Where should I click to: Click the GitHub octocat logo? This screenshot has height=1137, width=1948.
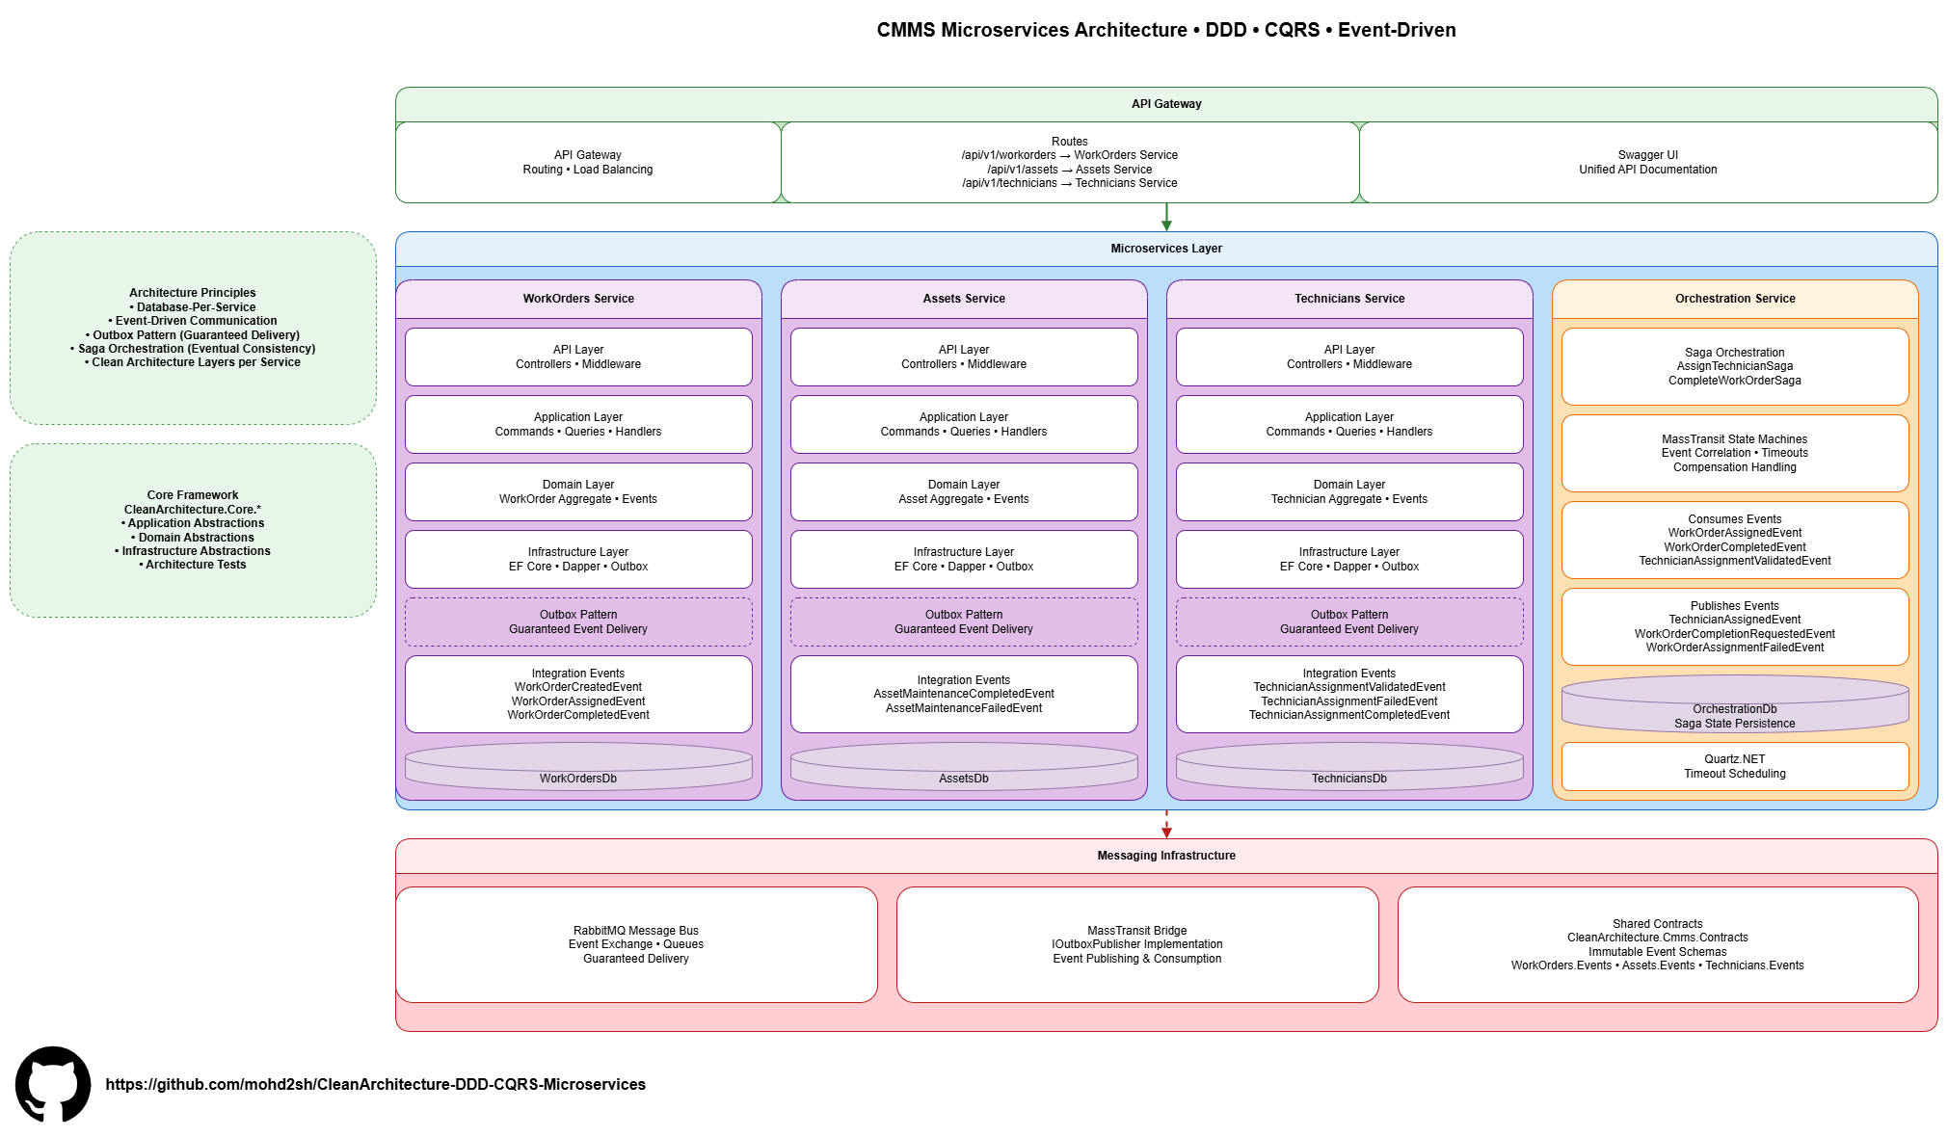[x=53, y=1084]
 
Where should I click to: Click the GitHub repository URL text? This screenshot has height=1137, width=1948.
[x=375, y=1084]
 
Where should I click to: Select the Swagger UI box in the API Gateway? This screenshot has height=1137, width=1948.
[x=1647, y=162]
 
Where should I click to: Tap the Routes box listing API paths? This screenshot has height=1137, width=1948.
[x=1069, y=162]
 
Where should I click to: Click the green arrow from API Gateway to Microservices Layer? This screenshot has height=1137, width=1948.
[x=1166, y=218]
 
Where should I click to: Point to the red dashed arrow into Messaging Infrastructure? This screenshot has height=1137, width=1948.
[x=1166, y=825]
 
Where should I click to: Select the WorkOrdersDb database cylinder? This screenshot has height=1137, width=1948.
[x=578, y=768]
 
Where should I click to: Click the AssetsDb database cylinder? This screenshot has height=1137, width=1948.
[x=964, y=768]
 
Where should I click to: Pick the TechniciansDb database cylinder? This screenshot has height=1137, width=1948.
[x=1349, y=768]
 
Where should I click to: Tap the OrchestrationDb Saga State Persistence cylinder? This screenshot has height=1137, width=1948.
[x=1735, y=705]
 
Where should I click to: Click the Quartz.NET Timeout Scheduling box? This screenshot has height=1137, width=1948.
[x=1735, y=766]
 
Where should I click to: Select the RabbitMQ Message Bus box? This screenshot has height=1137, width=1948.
[x=636, y=944]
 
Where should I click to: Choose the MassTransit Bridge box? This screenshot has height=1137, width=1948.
[x=1137, y=944]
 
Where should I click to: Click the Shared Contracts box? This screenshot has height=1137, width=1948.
[x=1658, y=944]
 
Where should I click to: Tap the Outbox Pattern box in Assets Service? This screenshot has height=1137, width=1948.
[x=964, y=621]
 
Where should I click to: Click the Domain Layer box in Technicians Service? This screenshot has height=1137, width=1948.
[x=1349, y=491]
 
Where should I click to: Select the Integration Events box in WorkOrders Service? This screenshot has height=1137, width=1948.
[x=578, y=694]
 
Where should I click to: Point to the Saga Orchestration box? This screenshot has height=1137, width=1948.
[x=1735, y=366]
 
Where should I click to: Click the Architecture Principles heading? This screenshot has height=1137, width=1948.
[x=193, y=293]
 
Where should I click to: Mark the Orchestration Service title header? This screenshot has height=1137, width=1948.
[x=1735, y=299]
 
